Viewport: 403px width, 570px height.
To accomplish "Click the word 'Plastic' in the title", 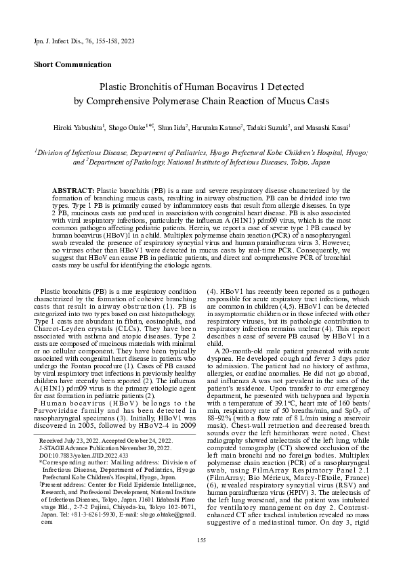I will click(116, 87).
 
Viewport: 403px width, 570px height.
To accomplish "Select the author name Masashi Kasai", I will click(325, 127).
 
